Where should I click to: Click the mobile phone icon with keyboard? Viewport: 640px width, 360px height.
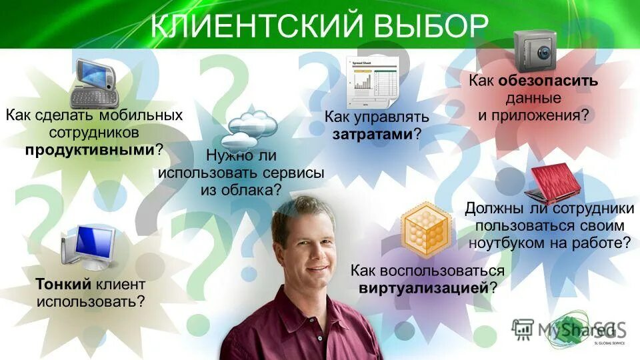pos(94,83)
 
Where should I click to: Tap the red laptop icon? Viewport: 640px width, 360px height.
pos(553,183)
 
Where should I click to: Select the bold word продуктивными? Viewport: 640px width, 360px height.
pos(90,149)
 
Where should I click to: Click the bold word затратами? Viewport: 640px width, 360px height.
pos(373,134)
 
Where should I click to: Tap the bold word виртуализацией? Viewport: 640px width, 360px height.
pos(424,289)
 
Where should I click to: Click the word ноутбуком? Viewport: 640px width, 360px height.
pos(507,243)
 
